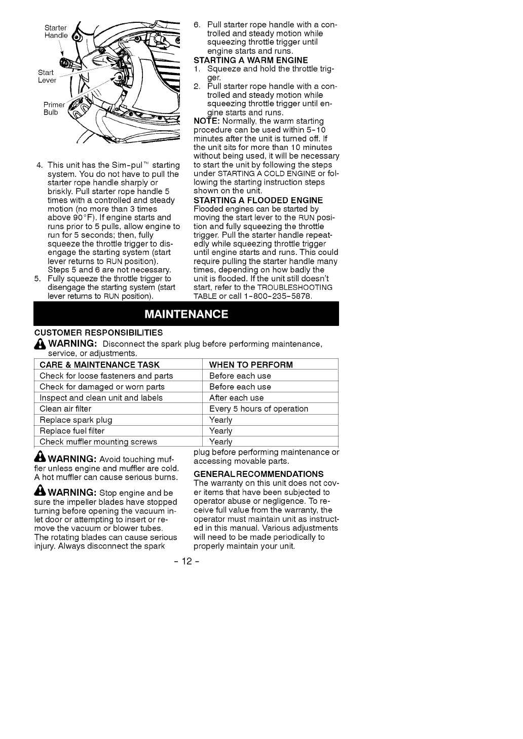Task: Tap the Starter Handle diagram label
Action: (55, 31)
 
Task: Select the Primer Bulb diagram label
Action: (54, 108)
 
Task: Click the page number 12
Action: (185, 561)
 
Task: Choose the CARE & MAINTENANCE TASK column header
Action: (99, 364)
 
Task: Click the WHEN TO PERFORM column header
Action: (251, 364)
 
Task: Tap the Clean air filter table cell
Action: (65, 409)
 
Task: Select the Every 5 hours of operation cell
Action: (258, 409)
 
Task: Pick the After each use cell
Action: (236, 397)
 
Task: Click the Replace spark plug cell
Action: (76, 420)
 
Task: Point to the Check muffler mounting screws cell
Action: (98, 441)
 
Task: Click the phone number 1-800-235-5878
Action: (275, 296)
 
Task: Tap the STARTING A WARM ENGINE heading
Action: (251, 60)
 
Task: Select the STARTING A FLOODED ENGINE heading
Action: (258, 200)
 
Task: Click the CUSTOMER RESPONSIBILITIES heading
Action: (98, 332)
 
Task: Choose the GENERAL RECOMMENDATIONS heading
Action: (258, 474)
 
